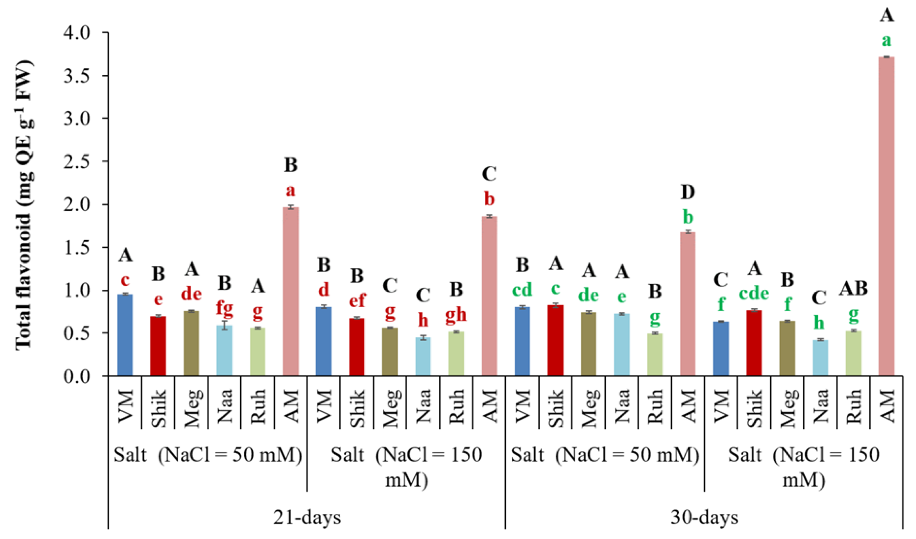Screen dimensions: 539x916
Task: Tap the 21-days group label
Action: [307, 517]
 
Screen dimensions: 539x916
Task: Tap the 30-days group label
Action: [704, 517]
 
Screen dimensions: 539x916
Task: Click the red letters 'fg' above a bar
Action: [224, 308]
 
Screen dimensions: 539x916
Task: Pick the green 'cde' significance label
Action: [754, 293]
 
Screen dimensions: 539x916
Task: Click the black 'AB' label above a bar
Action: [853, 289]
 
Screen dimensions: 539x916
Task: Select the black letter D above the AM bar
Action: [687, 192]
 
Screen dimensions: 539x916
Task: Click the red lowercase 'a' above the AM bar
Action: [290, 190]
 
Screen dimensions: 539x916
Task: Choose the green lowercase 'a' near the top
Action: [886, 40]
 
